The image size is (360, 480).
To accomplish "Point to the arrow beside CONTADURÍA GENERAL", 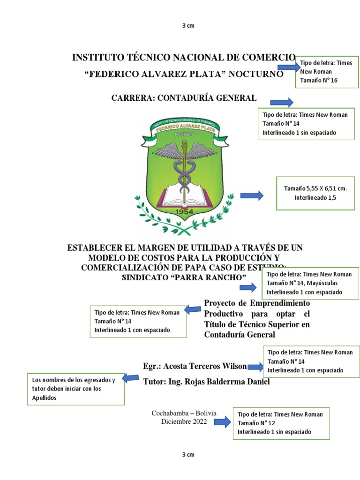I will click(282, 102).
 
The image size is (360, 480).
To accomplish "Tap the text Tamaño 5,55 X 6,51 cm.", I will click(315, 188).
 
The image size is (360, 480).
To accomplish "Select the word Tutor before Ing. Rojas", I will click(153, 382).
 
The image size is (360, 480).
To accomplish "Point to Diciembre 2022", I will click(184, 421).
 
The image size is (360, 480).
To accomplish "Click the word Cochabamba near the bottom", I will click(170, 413).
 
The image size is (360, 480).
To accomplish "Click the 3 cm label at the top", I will click(187, 25).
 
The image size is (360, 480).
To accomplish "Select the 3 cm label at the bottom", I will click(187, 454).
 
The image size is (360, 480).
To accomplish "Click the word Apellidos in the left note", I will click(45, 397).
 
